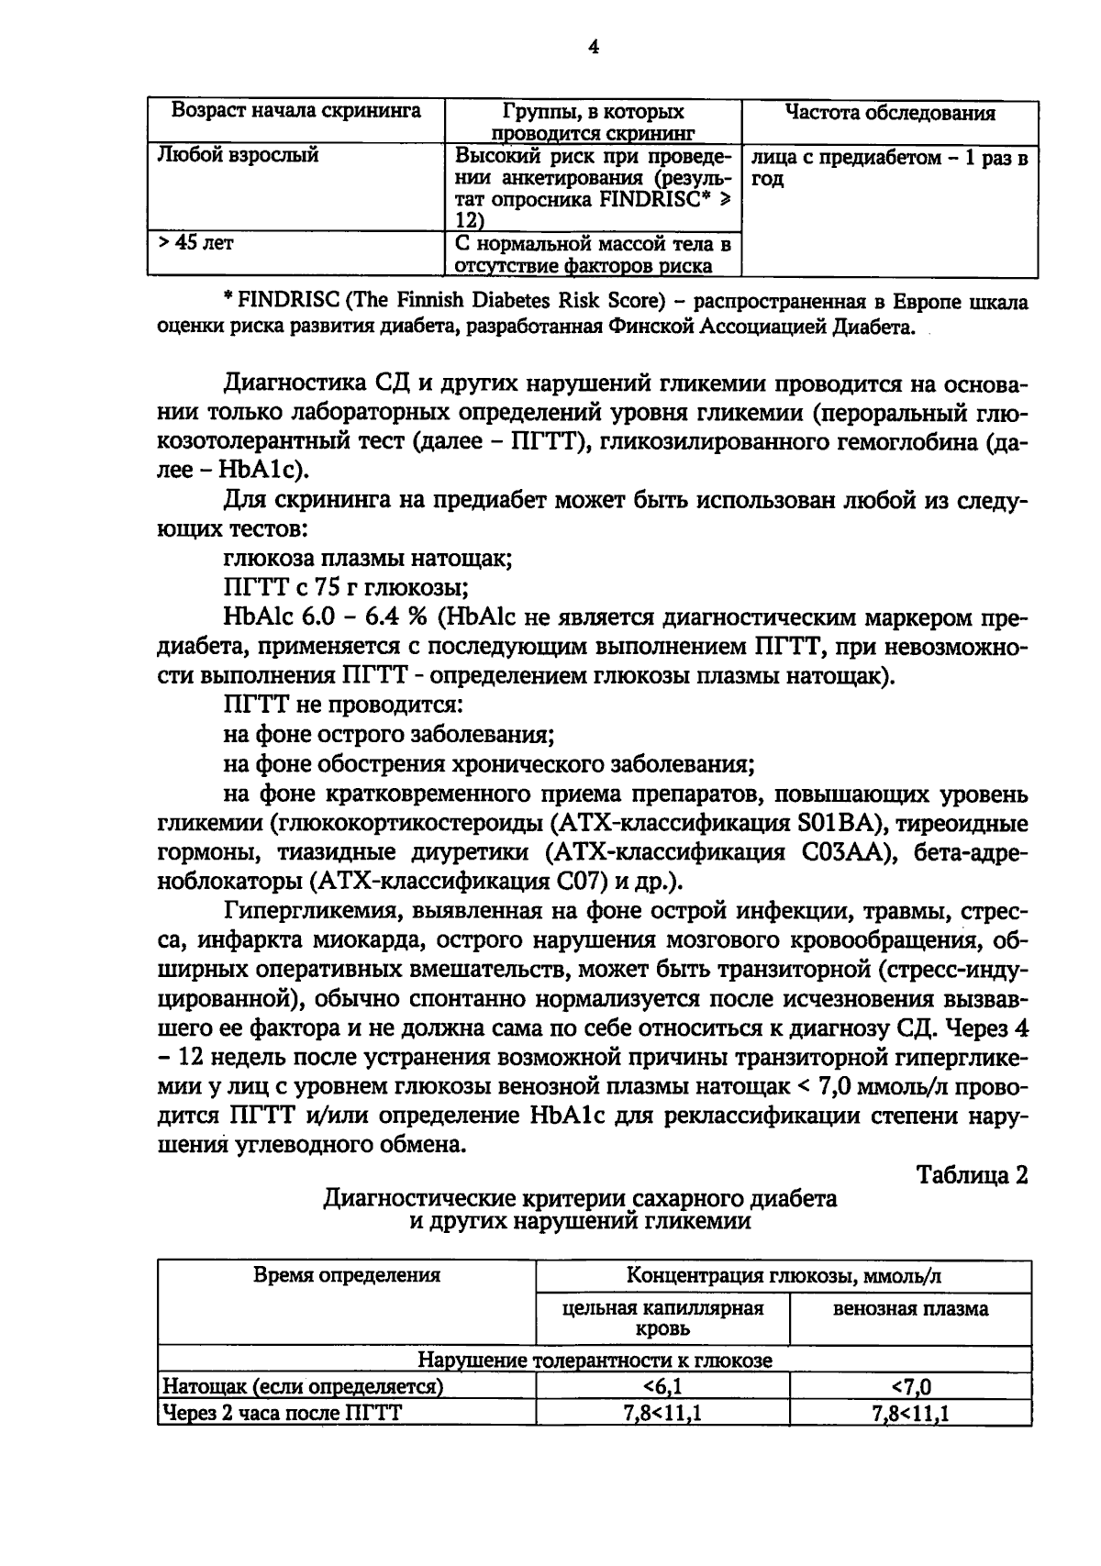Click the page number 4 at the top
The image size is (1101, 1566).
(594, 48)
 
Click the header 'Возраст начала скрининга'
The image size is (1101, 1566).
(296, 112)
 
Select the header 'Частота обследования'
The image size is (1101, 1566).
(889, 114)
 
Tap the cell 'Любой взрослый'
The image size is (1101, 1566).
(239, 155)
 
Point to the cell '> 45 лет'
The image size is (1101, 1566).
(195, 244)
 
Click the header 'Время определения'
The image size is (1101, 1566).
(347, 1274)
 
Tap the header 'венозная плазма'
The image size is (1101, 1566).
(910, 1309)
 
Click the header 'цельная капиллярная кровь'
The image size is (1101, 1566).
(662, 1317)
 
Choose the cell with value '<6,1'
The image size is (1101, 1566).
(662, 1386)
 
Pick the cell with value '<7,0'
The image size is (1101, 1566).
(910, 1386)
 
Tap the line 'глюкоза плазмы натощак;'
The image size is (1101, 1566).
(367, 558)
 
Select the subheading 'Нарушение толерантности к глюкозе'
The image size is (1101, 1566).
(595, 1361)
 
